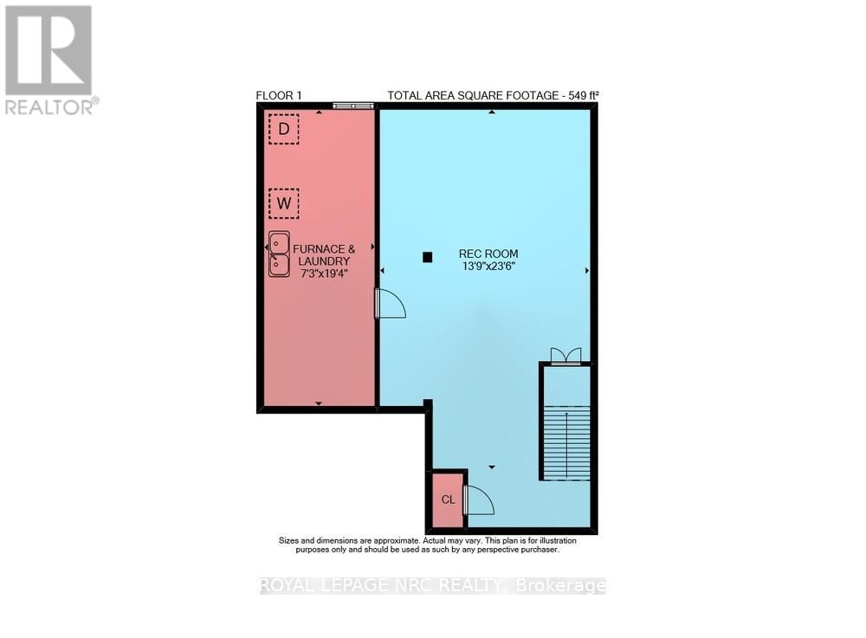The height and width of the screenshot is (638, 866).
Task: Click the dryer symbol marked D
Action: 283,129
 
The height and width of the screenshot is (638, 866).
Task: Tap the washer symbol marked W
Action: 283,203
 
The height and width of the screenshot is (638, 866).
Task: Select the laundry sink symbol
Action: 279,254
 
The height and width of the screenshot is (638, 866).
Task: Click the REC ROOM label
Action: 488,255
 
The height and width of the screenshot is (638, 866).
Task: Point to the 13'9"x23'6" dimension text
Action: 488,267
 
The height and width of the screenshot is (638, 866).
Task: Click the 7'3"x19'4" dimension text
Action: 324,274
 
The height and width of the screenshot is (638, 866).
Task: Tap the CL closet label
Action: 448,499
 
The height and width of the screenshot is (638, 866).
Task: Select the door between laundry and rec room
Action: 390,304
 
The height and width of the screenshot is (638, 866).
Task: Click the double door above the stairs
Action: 566,356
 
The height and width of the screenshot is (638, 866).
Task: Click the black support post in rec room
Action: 427,256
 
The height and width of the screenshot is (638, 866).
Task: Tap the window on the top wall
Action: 353,106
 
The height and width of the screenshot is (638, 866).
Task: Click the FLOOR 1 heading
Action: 279,95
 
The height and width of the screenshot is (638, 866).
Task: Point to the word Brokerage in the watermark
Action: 560,586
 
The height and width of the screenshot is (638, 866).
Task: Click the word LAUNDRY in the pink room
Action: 324,261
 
